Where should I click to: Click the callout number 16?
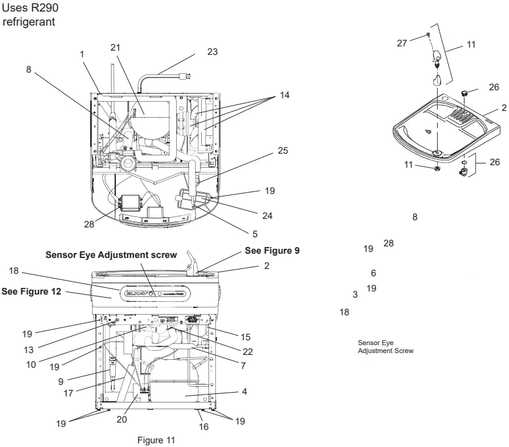tap(204, 427)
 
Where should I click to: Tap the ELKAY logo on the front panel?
tap(135, 293)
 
